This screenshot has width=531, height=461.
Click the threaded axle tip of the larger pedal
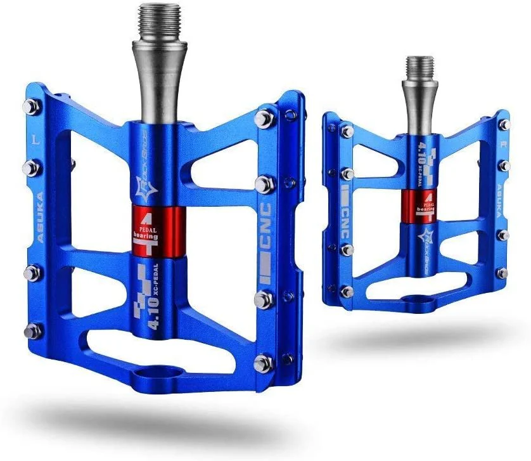tap(159, 22)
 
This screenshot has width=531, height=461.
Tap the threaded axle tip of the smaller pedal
tap(420, 67)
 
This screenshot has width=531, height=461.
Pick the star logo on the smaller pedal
tap(428, 238)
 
